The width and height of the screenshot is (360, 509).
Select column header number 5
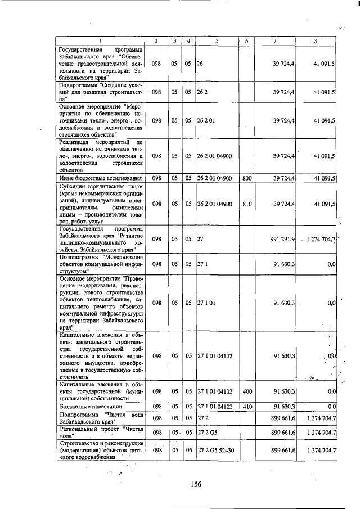tap(217, 41)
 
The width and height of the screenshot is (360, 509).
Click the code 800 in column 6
tap(246, 178)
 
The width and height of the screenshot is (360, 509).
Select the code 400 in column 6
tap(246, 390)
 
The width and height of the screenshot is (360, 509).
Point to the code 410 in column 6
tap(246, 406)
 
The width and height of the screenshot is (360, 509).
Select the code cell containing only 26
tap(200, 64)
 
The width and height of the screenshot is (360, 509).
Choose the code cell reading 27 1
tap(201, 263)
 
